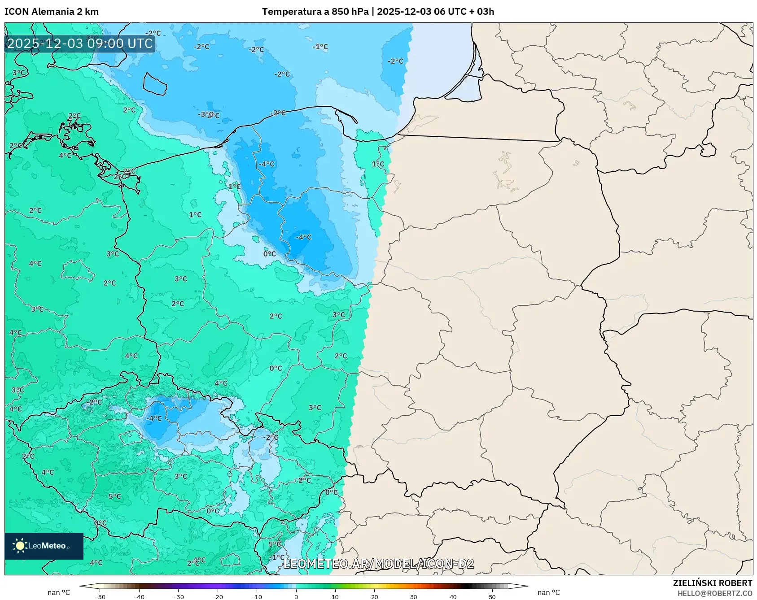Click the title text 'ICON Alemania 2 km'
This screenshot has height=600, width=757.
tap(52, 12)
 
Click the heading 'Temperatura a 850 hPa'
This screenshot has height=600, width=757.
tap(315, 12)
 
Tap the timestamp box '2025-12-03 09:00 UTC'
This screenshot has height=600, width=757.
tap(80, 43)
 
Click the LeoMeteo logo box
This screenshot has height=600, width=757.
tap(44, 546)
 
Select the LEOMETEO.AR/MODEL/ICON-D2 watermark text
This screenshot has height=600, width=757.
tap(378, 564)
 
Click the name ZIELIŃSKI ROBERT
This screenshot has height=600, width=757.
tap(712, 583)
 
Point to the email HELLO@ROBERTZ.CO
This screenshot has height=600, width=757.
tap(714, 593)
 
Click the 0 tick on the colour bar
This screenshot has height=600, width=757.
tap(296, 596)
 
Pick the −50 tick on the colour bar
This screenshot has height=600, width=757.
tap(100, 596)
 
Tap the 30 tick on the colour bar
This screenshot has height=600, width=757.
tap(413, 596)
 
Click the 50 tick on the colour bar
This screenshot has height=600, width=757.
tap(492, 596)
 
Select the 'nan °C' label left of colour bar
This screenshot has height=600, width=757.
tap(59, 592)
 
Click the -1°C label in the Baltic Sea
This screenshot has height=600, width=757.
tap(320, 47)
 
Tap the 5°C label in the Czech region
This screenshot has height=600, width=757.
tap(115, 496)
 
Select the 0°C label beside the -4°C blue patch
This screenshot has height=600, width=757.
tap(270, 254)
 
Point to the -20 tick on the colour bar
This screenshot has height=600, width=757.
tap(218, 596)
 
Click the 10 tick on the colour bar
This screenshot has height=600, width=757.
tap(335, 596)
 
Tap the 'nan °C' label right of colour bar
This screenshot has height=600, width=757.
tap(548, 592)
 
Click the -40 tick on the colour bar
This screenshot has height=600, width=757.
tap(139, 596)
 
